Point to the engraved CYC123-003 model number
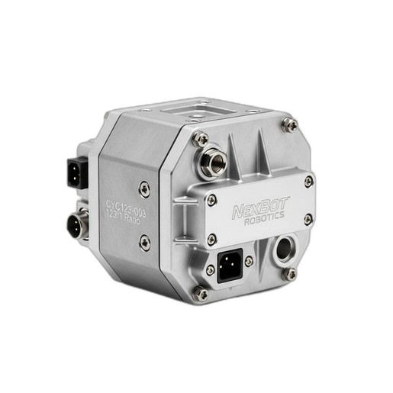pyautogui.click(x=126, y=208)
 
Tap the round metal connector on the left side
pyautogui.click(x=77, y=224)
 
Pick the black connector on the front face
pyautogui.click(x=230, y=266)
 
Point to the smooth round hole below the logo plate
pyautogui.click(x=284, y=249)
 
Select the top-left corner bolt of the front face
pyautogui.click(x=201, y=139)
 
